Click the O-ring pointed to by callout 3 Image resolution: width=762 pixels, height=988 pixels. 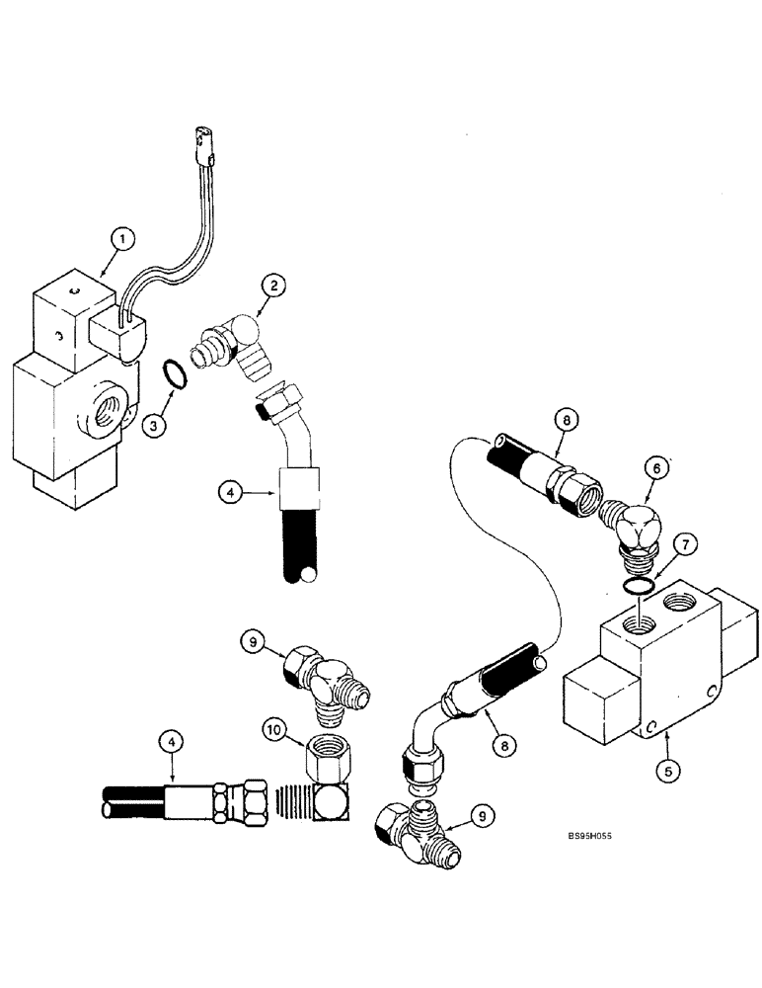(175, 375)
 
